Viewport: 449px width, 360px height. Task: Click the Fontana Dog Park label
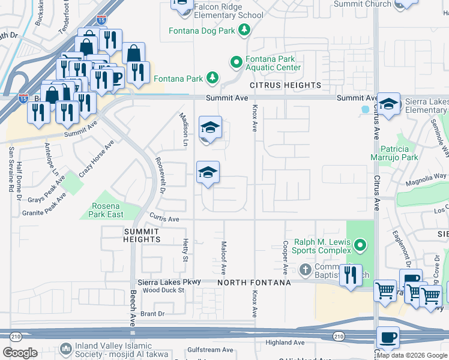click(x=203, y=30)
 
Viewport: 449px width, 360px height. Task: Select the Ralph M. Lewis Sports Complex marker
click(x=360, y=244)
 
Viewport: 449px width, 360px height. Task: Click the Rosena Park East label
click(x=107, y=210)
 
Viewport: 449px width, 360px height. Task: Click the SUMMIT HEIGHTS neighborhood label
click(x=142, y=235)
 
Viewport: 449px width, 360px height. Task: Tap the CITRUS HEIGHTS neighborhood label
click(x=286, y=86)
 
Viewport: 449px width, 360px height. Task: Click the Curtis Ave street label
click(x=165, y=220)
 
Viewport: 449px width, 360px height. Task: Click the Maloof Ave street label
click(x=223, y=250)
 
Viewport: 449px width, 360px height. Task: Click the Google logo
click(x=20, y=352)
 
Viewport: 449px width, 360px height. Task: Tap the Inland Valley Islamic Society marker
click(x=65, y=349)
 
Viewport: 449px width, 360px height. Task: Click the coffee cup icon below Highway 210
click(x=387, y=338)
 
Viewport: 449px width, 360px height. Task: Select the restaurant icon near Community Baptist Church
click(x=351, y=275)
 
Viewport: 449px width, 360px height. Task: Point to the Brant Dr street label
click(x=152, y=314)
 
